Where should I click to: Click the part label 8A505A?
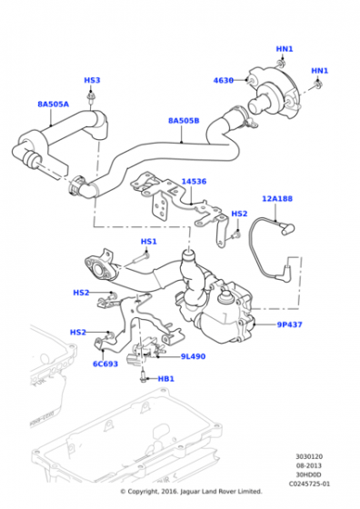click(x=54, y=105)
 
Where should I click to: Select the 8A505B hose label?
click(x=184, y=121)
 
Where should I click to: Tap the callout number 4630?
click(x=224, y=80)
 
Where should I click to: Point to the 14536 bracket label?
click(x=194, y=181)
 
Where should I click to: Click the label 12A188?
click(x=277, y=198)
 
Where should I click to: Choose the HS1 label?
click(x=149, y=242)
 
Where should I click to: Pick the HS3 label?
click(x=92, y=80)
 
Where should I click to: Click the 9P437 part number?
click(x=290, y=324)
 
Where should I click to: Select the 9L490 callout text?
click(x=193, y=356)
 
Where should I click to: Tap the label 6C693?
click(x=105, y=364)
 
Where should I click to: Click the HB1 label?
click(x=165, y=379)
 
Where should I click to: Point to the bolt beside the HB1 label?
click(x=143, y=377)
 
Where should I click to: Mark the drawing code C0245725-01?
click(x=309, y=484)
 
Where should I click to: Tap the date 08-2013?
click(x=309, y=465)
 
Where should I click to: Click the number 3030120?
click(x=309, y=456)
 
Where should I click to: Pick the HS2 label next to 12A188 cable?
click(x=239, y=214)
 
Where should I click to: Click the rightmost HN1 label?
click(x=320, y=71)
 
